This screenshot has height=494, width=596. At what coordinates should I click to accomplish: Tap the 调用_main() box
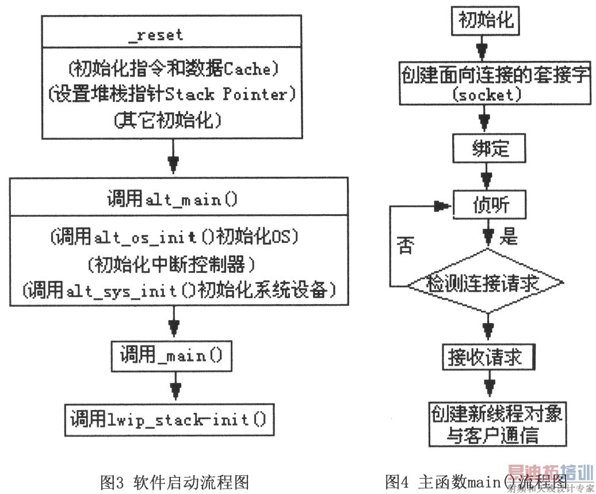pyautogui.click(x=171, y=356)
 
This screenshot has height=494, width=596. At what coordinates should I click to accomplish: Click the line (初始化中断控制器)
pyautogui.click(x=171, y=265)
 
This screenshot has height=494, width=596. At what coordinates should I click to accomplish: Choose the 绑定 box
pyautogui.click(x=489, y=149)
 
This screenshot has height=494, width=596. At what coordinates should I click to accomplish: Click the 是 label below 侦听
pyautogui.click(x=509, y=236)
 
